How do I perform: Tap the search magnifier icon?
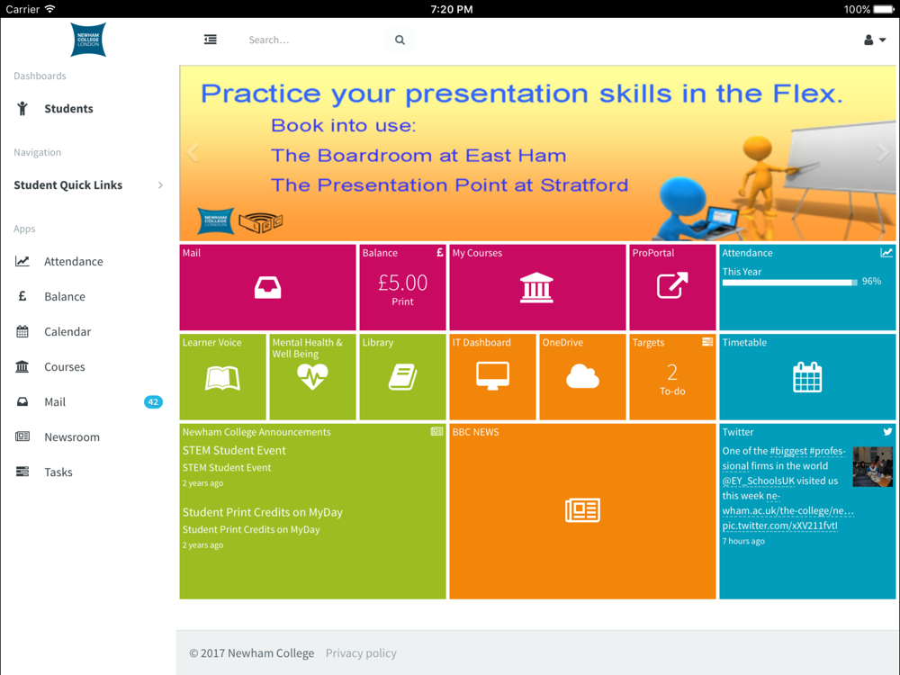[400, 40]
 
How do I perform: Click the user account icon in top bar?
[868, 40]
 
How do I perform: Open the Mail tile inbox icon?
[267, 287]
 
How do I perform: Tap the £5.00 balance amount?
[402, 283]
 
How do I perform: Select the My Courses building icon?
[536, 287]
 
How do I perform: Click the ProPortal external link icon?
[672, 285]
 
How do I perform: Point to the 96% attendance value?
[871, 281]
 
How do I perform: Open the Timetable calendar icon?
[807, 377]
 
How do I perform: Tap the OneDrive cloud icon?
[582, 376]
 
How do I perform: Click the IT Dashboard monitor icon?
[492, 376]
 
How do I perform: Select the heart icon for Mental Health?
[312, 377]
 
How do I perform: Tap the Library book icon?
[402, 377]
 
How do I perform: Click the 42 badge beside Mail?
[153, 401]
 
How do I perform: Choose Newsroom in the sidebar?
[72, 436]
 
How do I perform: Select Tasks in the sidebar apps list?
[58, 472]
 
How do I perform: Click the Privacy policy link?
[361, 653]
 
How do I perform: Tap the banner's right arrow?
[882, 152]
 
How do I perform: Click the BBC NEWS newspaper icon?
[582, 510]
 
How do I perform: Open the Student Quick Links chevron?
[161, 184]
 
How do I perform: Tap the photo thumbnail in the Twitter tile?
[872, 466]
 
